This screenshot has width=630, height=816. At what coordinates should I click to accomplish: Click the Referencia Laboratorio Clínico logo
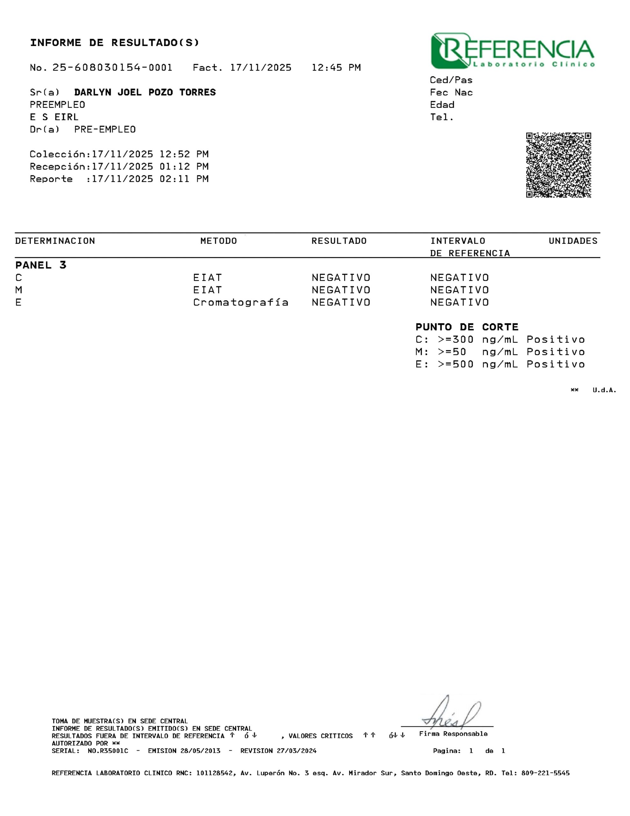[512, 51]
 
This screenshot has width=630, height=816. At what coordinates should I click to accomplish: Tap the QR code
[558, 165]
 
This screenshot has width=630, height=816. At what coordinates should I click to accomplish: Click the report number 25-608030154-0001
[112, 68]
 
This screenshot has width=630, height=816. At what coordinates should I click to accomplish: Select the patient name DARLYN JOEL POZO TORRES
[145, 92]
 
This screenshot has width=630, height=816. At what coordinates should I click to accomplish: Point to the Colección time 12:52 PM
[184, 154]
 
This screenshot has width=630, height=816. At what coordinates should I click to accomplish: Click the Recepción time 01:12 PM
[184, 167]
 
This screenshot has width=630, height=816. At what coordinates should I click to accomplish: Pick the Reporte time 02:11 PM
[184, 179]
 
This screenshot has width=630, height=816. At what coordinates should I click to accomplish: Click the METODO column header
[218, 241]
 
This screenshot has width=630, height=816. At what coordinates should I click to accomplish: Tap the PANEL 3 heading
[41, 265]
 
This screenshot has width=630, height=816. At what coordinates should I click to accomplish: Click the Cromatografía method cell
[240, 302]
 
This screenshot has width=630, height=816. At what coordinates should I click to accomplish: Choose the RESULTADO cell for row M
[340, 290]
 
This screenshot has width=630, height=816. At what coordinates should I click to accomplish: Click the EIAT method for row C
[207, 278]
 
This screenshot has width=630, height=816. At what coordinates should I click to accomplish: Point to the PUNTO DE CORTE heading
[467, 327]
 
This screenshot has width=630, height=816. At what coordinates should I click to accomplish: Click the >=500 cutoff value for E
[455, 364]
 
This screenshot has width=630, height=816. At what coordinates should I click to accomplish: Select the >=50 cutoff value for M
[452, 352]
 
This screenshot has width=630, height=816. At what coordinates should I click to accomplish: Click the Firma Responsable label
[453, 734]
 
